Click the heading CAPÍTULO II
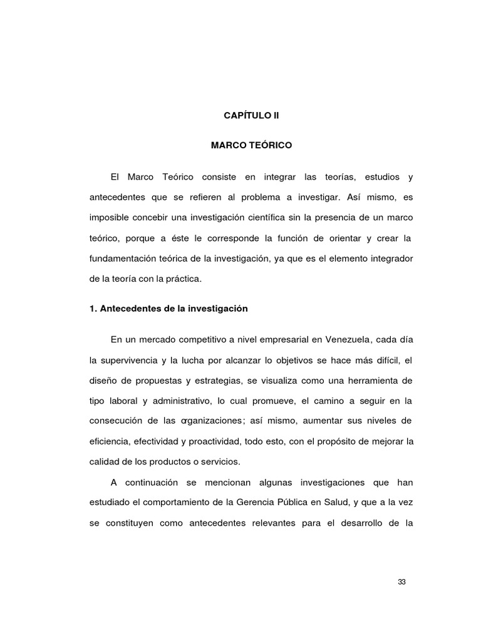[x=251, y=116]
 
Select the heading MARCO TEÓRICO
[x=251, y=145]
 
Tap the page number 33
[x=402, y=582]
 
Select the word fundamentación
[x=122, y=259]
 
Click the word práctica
[x=184, y=279]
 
